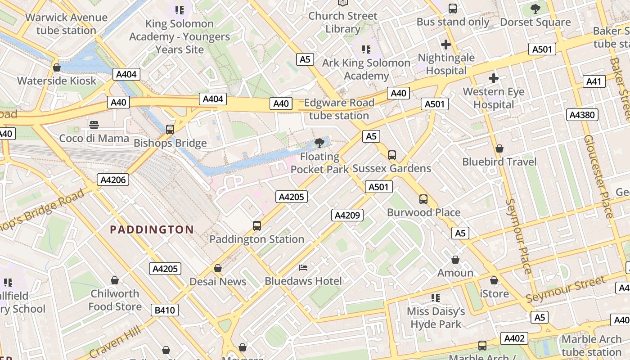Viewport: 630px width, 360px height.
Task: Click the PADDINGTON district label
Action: coord(152,229)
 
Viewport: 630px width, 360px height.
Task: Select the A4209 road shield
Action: coord(347,215)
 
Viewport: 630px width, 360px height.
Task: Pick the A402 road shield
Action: coord(514,338)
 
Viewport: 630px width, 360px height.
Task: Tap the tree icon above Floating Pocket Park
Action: coord(319,144)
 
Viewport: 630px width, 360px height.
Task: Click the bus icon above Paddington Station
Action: coord(257,226)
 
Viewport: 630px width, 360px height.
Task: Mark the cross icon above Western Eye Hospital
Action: coord(494,78)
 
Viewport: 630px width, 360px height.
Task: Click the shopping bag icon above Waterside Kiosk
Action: coord(57,67)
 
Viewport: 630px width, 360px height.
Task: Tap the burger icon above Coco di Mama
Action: coord(94,125)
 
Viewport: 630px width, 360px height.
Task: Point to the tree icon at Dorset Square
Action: coord(535,9)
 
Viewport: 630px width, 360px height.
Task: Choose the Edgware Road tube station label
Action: coord(339,109)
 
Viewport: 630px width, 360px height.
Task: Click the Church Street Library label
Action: coord(342,22)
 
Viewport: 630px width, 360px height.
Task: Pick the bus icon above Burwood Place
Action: coord(423,199)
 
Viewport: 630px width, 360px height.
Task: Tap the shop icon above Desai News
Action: coord(218,268)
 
